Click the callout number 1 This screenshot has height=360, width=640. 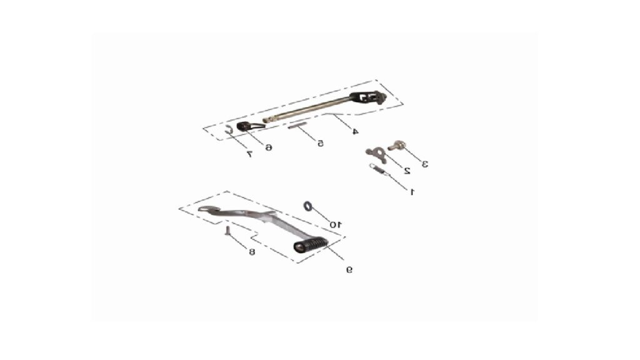click(412, 191)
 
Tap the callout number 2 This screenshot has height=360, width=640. click(406, 171)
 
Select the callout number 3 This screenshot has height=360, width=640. click(425, 164)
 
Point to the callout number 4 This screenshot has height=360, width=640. click(355, 131)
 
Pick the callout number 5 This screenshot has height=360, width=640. click(321, 143)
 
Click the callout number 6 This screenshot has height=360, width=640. click(269, 147)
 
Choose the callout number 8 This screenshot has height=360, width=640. click(252, 252)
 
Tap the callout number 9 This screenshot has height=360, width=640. click(349, 269)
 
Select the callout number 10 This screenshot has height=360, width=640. click(336, 224)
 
